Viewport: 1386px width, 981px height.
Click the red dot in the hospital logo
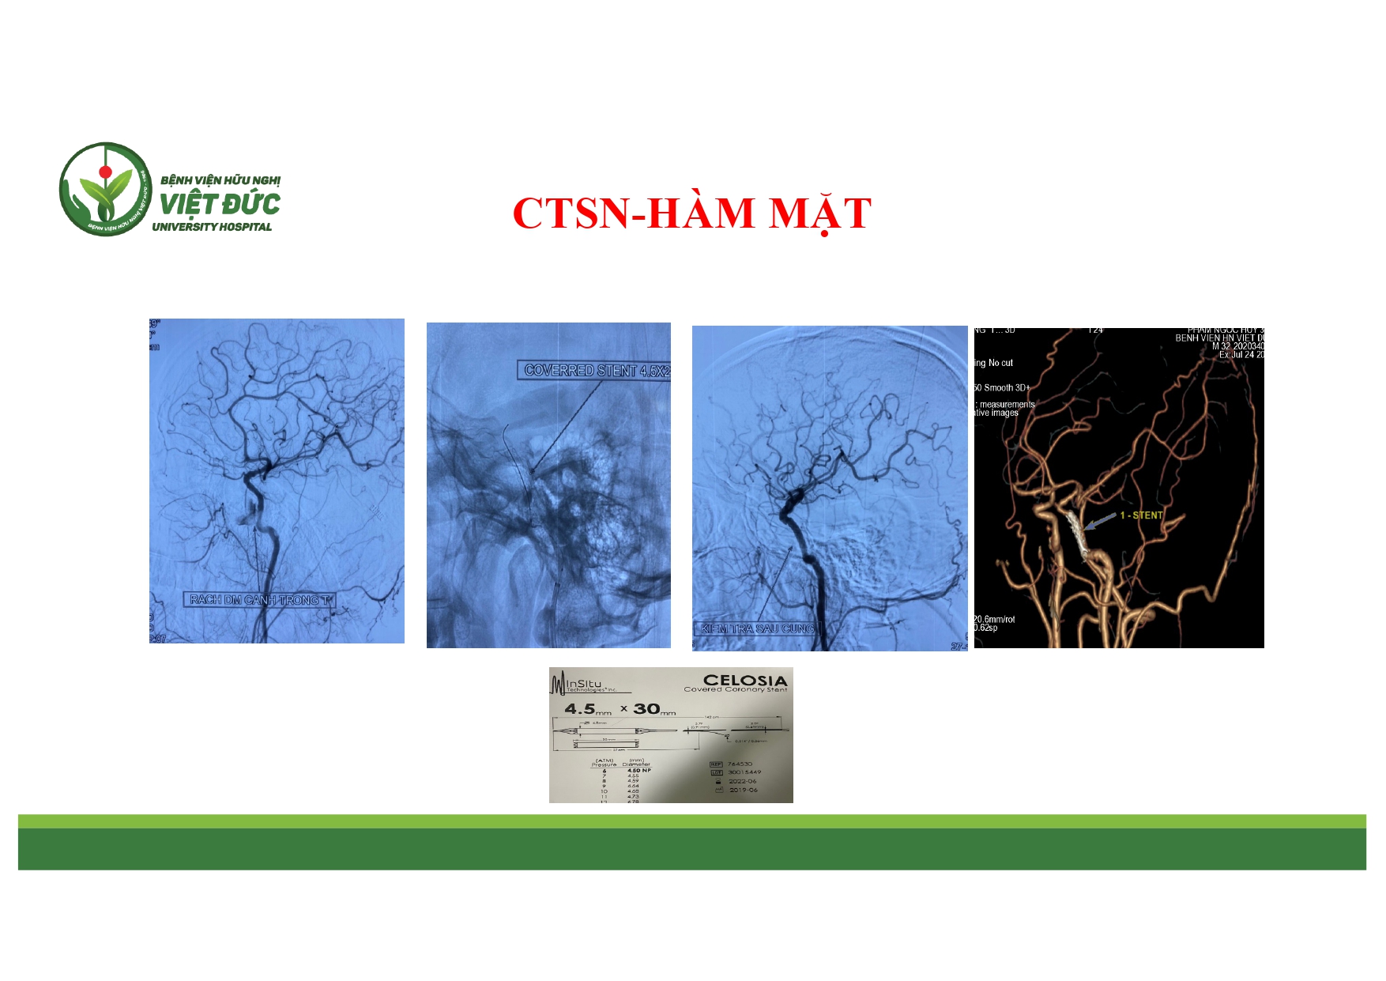104,172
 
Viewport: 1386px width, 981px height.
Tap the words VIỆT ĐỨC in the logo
220,204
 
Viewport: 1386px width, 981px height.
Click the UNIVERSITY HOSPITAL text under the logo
212,227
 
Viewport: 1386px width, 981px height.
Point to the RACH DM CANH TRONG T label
260,600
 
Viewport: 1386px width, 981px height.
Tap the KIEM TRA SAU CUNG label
757,629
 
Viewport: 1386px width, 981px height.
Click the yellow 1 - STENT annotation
1141,515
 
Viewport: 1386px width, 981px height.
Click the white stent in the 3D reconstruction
1075,534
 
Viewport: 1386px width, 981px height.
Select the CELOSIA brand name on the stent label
744,680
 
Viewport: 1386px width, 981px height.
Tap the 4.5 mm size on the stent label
587,709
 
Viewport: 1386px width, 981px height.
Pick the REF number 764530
740,764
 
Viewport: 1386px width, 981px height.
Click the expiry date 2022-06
743,781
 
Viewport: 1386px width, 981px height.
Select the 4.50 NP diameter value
638,770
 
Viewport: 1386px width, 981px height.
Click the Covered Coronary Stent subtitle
735,690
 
